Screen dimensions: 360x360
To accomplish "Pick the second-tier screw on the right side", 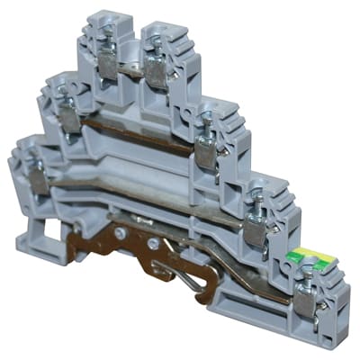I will tap(206, 119).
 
